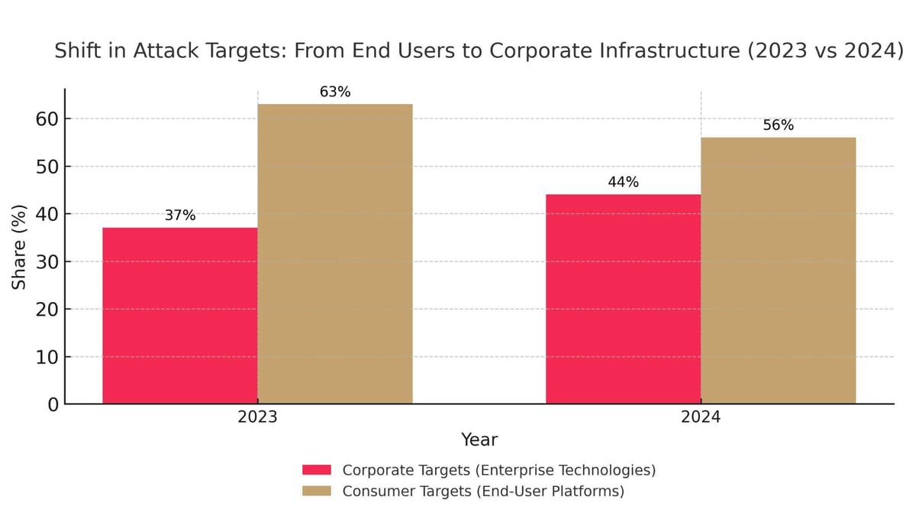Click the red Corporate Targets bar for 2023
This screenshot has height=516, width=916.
click(x=180, y=315)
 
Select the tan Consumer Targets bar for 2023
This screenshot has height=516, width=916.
click(x=335, y=254)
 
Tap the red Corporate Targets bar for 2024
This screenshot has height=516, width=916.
click(x=623, y=299)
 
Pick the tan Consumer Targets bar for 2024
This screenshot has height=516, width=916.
click(x=778, y=271)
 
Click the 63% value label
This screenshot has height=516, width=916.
click(x=335, y=92)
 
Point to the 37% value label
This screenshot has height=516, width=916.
click(x=180, y=216)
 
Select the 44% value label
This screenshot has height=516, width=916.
click(x=623, y=182)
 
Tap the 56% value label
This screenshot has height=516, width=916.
click(x=778, y=125)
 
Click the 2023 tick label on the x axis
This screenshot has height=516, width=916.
click(x=257, y=418)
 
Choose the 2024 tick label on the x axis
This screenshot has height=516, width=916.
click(x=701, y=418)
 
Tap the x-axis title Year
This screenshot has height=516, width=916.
click(x=479, y=440)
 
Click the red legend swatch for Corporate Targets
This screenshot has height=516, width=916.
click(x=317, y=469)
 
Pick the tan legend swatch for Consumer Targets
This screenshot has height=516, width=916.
click(x=317, y=491)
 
